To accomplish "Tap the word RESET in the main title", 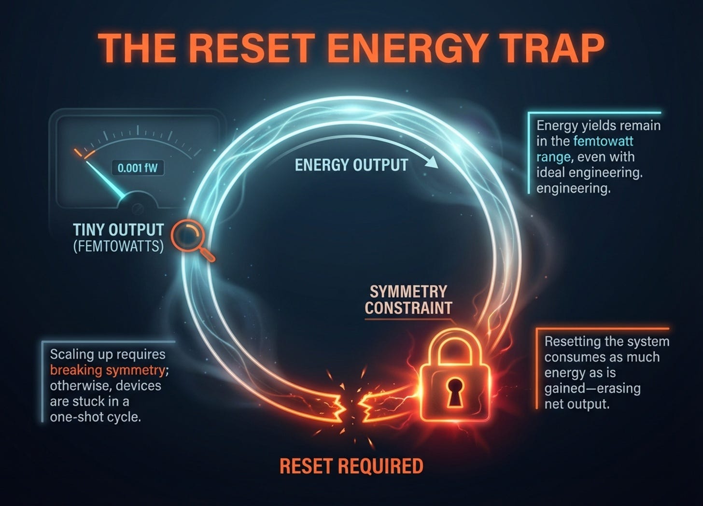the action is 242,47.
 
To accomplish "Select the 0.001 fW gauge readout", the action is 138,168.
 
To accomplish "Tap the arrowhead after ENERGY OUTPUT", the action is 432,163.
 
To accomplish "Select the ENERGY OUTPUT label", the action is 351,165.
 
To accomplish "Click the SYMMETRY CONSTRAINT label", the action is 408,299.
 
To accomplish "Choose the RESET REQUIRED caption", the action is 351,466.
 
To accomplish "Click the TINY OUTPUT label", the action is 118,229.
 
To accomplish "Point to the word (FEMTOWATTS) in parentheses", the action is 118,246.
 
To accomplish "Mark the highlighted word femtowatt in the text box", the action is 603,141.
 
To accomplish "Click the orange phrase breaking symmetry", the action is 107,370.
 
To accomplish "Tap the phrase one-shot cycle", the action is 95,417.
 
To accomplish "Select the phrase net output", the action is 576,404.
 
